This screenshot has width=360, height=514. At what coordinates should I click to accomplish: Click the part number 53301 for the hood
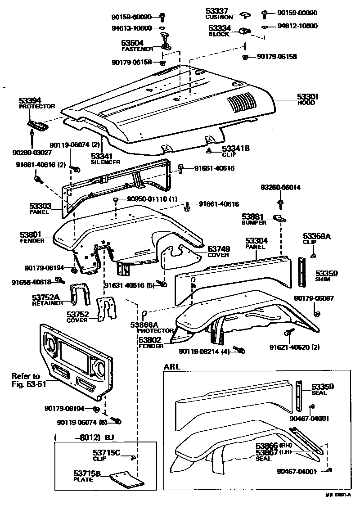click(x=307, y=96)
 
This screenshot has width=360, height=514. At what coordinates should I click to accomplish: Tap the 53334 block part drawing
click(x=245, y=31)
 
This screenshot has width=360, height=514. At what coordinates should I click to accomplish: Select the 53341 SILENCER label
click(x=105, y=158)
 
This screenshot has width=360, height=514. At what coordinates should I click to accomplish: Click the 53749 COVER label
click(x=218, y=251)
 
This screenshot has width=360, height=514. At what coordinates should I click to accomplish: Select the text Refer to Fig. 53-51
click(x=27, y=379)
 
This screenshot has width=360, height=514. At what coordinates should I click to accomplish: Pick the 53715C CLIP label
click(x=106, y=455)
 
